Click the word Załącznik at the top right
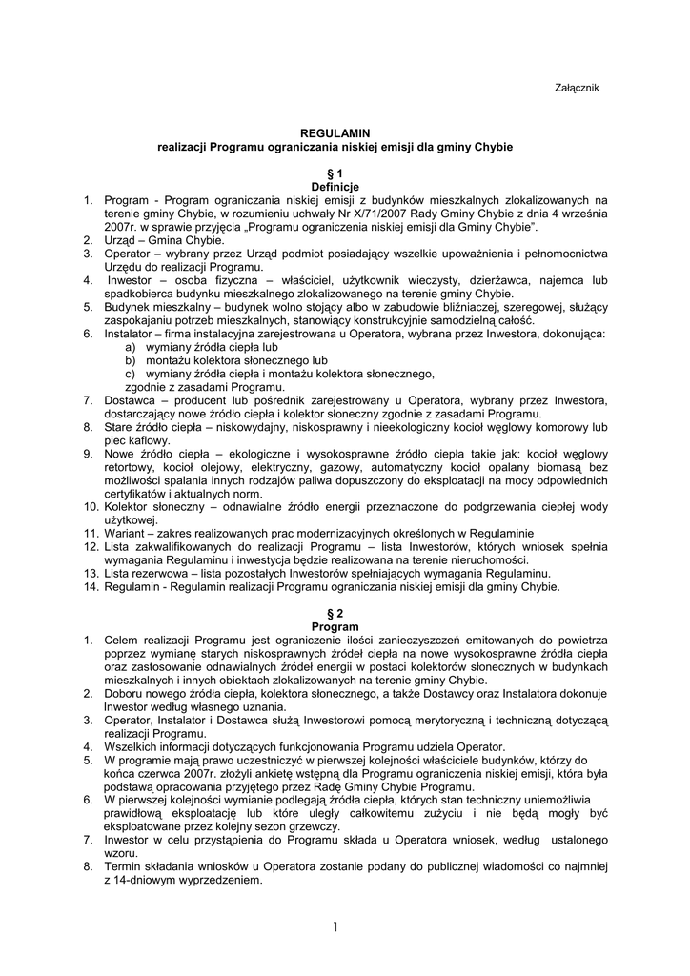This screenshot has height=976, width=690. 577,87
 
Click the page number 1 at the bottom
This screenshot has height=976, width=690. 336,926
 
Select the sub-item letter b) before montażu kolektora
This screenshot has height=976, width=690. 130,361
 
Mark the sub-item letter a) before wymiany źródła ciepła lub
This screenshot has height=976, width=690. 130,348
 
